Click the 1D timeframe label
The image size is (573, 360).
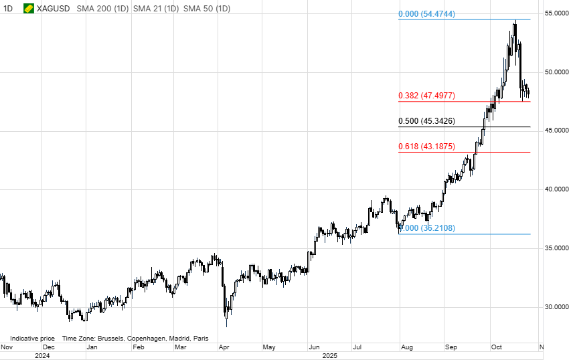pyautogui.click(x=9, y=9)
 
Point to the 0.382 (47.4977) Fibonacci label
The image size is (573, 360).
pyautogui.click(x=426, y=96)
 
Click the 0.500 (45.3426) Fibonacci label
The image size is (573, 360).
pyautogui.click(x=426, y=121)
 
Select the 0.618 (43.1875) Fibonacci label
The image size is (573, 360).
pyautogui.click(x=426, y=147)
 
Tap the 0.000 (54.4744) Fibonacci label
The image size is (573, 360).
pyautogui.click(x=426, y=14)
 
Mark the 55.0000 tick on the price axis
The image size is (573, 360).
pyautogui.click(x=556, y=13)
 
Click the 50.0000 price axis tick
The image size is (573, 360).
pyautogui.click(x=556, y=72)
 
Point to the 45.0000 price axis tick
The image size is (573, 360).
pyautogui.click(x=556, y=130)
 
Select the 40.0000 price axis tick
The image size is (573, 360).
pyautogui.click(x=556, y=189)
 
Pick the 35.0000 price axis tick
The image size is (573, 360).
pyautogui.click(x=556, y=248)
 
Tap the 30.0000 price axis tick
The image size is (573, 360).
pyautogui.click(x=556, y=307)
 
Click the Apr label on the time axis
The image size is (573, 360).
pyautogui.click(x=224, y=348)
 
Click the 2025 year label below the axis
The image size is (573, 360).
pyautogui.click(x=329, y=356)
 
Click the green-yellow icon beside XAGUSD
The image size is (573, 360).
pyautogui.click(x=29, y=9)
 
